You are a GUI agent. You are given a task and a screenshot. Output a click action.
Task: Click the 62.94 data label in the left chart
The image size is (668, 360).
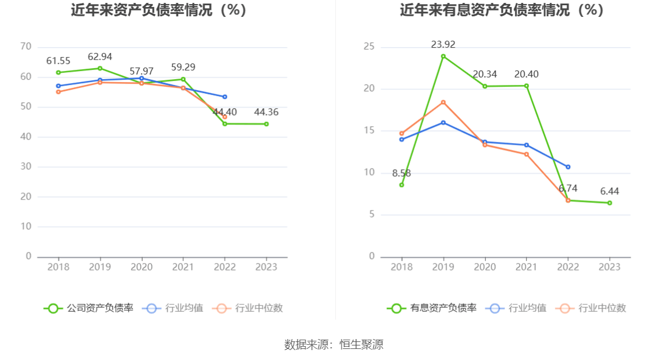pyautogui.click(x=100, y=57)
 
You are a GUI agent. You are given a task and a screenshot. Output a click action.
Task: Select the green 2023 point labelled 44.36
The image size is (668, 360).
pyautogui.click(x=267, y=124)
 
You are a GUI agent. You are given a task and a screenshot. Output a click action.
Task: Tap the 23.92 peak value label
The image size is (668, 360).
pyautogui.click(x=443, y=45)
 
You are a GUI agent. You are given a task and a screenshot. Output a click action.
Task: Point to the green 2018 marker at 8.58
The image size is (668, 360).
pyautogui.click(x=401, y=185)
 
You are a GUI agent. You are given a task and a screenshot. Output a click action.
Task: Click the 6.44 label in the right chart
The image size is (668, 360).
pyautogui.click(x=610, y=191)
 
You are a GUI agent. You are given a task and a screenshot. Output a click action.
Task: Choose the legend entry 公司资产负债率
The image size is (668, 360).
pyautogui.click(x=89, y=308)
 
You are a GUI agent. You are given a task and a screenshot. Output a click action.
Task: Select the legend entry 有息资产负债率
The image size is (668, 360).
pyautogui.click(x=432, y=308)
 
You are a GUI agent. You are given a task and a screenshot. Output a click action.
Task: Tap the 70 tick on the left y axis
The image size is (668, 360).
pyautogui.click(x=26, y=47)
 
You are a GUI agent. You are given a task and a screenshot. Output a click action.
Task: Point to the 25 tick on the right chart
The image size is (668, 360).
pyautogui.click(x=369, y=47)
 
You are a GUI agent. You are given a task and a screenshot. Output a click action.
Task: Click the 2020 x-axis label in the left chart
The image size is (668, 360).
pyautogui.click(x=141, y=267)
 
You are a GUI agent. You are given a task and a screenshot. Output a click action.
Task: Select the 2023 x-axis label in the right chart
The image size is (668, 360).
pyautogui.click(x=610, y=267)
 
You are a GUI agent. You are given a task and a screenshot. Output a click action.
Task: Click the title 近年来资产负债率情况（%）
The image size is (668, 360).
pyautogui.click(x=159, y=10)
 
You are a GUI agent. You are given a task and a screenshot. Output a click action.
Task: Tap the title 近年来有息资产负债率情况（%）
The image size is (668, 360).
pyautogui.click(x=502, y=10)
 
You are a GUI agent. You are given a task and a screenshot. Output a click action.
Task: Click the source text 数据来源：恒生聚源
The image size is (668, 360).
pyautogui.click(x=334, y=344)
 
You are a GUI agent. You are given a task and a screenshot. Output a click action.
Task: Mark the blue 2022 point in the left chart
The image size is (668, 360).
pyautogui.click(x=225, y=97)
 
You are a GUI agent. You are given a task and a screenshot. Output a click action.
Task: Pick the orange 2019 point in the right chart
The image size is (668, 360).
pyautogui.click(x=443, y=102)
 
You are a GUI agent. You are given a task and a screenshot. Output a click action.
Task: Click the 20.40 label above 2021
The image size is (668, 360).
pyautogui.click(x=527, y=74)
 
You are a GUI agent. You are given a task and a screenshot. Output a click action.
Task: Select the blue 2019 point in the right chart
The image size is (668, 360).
pyautogui.click(x=443, y=123)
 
